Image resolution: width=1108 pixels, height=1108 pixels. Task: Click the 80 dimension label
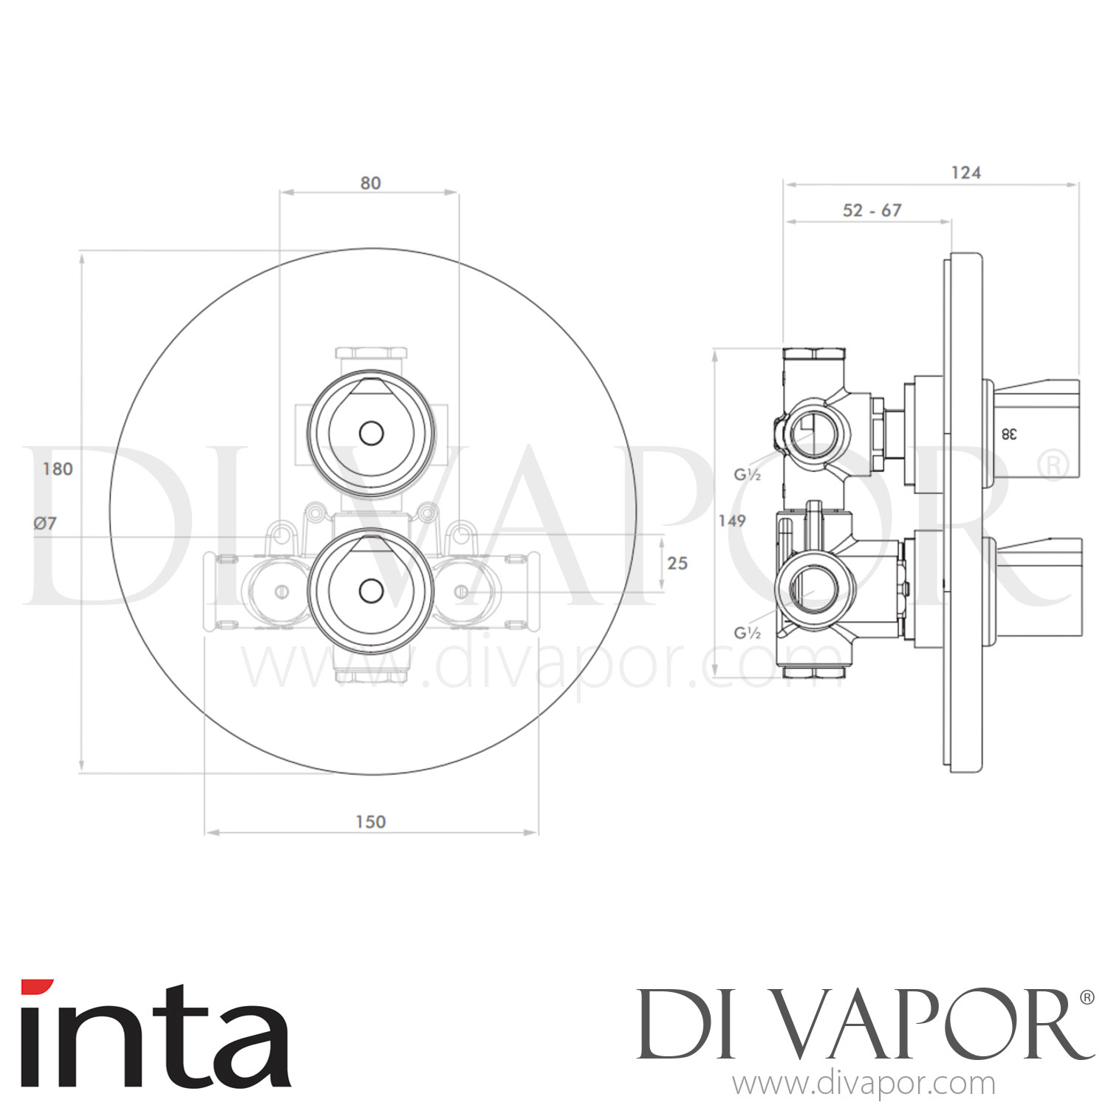click(x=370, y=182)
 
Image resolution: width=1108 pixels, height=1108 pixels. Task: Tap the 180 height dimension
click(x=58, y=469)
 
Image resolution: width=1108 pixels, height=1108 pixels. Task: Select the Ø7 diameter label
click(x=45, y=523)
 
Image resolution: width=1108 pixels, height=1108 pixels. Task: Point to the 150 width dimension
click(x=370, y=821)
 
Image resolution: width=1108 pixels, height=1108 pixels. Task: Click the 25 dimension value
click(x=677, y=563)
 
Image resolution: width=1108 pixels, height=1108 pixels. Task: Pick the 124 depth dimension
click(x=965, y=173)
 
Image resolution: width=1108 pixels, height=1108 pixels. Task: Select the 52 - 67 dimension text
click(x=872, y=211)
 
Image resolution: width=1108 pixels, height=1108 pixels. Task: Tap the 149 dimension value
click(x=731, y=521)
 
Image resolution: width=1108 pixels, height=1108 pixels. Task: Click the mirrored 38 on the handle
click(x=1008, y=434)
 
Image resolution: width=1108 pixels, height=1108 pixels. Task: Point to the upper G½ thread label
click(x=747, y=474)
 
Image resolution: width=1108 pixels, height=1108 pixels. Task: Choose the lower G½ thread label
click(x=747, y=632)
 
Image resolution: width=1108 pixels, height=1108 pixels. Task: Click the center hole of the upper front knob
click(x=371, y=433)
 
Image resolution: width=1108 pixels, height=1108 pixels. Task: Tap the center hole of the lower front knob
click(x=371, y=590)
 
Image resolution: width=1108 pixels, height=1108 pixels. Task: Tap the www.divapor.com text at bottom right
click(x=864, y=1084)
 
